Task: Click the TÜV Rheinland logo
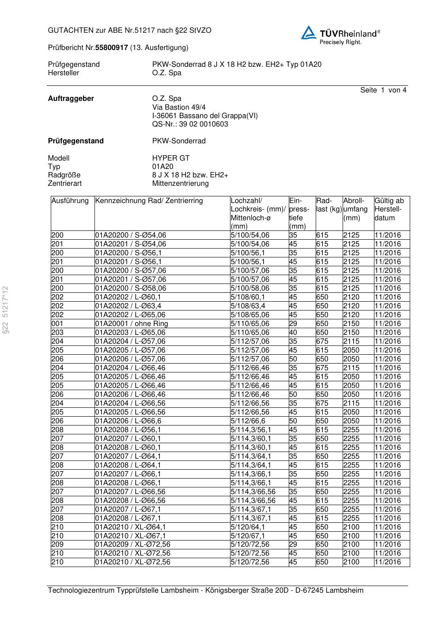click(x=340, y=34)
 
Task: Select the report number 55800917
click(x=112, y=47)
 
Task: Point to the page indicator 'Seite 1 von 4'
click(x=383, y=90)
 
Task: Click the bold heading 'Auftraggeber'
click(x=71, y=99)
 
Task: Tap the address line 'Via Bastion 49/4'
click(x=179, y=107)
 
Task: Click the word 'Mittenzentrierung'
click(x=181, y=183)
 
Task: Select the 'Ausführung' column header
click(x=70, y=201)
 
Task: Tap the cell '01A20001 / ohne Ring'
click(x=132, y=323)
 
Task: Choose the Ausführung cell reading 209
click(x=57, y=544)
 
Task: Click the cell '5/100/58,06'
click(x=250, y=288)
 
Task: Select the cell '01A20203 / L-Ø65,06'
click(x=130, y=332)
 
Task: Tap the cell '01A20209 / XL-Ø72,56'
click(x=133, y=544)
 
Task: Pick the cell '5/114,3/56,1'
click(x=251, y=429)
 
